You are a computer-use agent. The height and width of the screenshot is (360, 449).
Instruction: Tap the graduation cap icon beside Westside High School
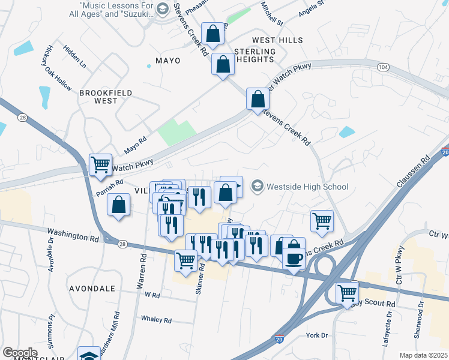point(258,187)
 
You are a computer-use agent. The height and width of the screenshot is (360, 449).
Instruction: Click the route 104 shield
point(383,67)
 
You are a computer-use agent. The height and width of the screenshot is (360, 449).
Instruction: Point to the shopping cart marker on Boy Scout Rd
point(347,293)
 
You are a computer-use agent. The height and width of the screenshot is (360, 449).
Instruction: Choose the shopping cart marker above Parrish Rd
point(100,164)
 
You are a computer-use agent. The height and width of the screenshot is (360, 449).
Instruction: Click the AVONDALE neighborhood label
point(92,289)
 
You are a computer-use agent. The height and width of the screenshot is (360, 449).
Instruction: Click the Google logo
point(20,352)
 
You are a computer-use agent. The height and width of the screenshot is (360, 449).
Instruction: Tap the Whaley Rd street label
point(157,319)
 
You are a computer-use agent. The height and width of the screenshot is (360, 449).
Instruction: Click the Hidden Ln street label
point(75,56)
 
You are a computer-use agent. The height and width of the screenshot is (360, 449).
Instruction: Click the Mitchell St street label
point(271,15)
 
